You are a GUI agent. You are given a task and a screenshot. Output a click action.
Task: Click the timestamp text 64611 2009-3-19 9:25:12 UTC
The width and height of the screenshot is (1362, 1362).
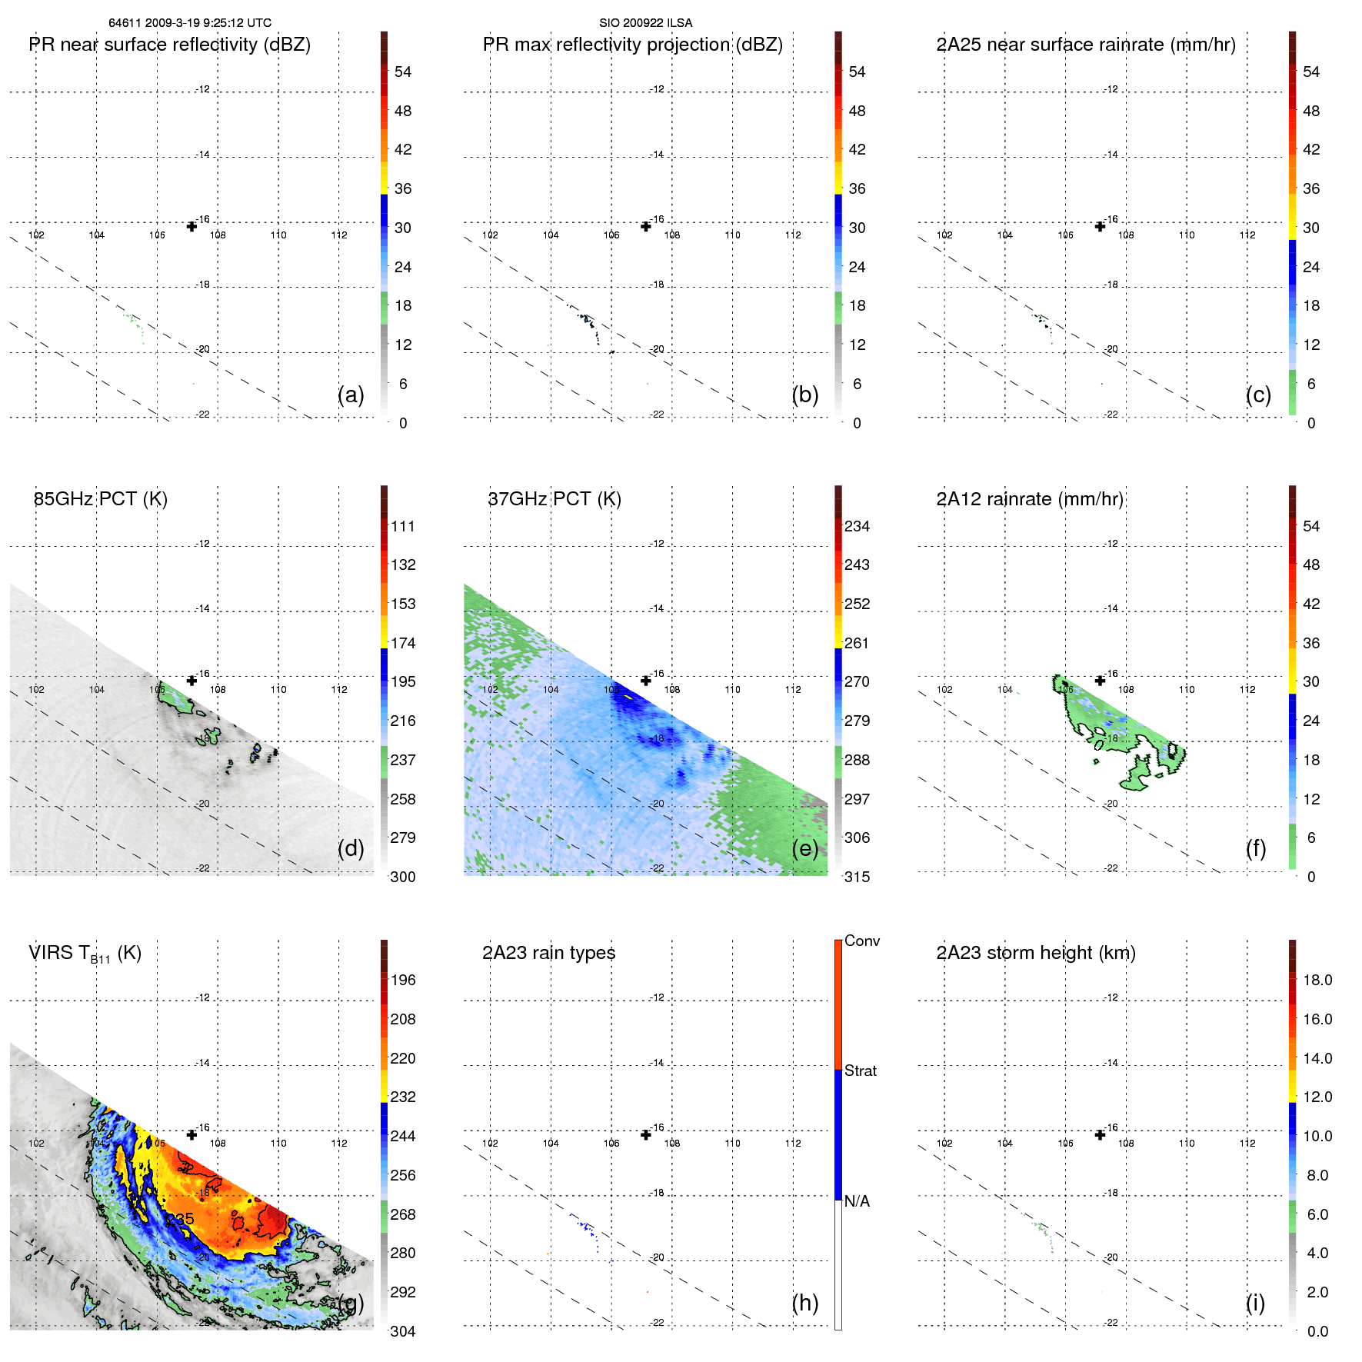189,23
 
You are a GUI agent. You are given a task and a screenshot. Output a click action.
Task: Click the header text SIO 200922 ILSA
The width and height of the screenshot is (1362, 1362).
645,23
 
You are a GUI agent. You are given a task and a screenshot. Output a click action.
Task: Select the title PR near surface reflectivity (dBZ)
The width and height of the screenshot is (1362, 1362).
170,45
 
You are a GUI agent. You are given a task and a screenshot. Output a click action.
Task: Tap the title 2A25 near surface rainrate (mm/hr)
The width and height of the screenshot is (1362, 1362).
1085,45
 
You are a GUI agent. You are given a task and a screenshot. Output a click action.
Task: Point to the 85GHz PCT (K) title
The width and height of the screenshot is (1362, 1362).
101,499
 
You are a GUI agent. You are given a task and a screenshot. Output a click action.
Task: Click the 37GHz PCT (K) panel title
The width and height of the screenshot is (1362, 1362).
554,499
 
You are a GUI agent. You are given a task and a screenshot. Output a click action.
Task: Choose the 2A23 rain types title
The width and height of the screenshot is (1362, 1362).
548,953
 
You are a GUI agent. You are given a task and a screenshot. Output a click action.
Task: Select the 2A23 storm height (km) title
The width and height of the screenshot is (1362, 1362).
1035,953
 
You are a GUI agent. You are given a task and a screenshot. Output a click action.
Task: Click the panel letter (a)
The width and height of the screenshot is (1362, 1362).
351,395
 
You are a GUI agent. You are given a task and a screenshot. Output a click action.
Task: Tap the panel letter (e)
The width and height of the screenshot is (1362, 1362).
804,849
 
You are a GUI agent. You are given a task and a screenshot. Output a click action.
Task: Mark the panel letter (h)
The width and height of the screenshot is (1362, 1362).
804,1303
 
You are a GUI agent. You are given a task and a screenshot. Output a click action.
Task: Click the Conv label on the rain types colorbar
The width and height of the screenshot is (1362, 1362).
861,941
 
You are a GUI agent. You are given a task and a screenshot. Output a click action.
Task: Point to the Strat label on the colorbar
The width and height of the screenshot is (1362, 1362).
860,1071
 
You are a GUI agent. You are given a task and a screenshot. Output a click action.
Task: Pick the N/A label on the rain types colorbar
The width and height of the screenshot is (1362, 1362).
857,1201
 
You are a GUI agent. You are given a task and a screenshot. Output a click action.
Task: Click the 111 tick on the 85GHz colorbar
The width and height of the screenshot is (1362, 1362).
402,526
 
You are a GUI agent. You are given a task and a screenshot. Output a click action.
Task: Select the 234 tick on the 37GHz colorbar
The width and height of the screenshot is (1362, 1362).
857,526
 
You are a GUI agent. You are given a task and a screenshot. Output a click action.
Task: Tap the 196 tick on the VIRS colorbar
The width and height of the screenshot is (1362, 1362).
402,980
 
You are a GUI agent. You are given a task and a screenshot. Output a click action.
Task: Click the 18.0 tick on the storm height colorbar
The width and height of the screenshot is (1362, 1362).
1317,980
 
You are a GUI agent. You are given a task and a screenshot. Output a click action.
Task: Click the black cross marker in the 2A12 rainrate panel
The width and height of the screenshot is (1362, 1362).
1100,681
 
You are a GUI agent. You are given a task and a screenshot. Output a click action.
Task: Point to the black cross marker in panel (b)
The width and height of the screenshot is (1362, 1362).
646,226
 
